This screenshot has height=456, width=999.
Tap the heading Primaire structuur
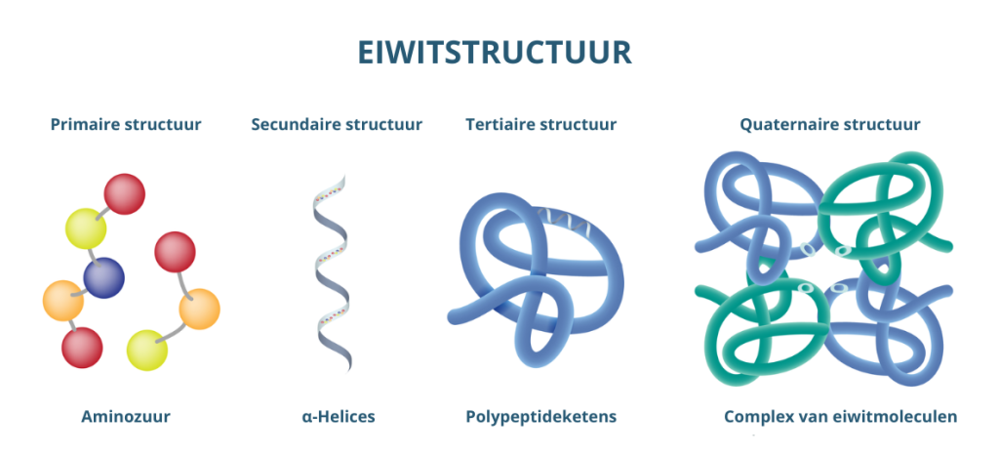[126, 124]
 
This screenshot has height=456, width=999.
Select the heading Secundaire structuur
[337, 124]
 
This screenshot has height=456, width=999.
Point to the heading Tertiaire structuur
[540, 124]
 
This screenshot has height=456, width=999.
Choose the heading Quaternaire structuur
[829, 124]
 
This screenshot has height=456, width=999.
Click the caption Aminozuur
[126, 417]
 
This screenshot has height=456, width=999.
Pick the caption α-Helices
[338, 417]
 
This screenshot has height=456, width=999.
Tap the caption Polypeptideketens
[540, 417]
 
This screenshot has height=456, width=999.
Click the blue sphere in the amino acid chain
[103, 278]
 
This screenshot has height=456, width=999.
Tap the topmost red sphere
[124, 192]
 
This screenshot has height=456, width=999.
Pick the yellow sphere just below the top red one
[86, 228]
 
